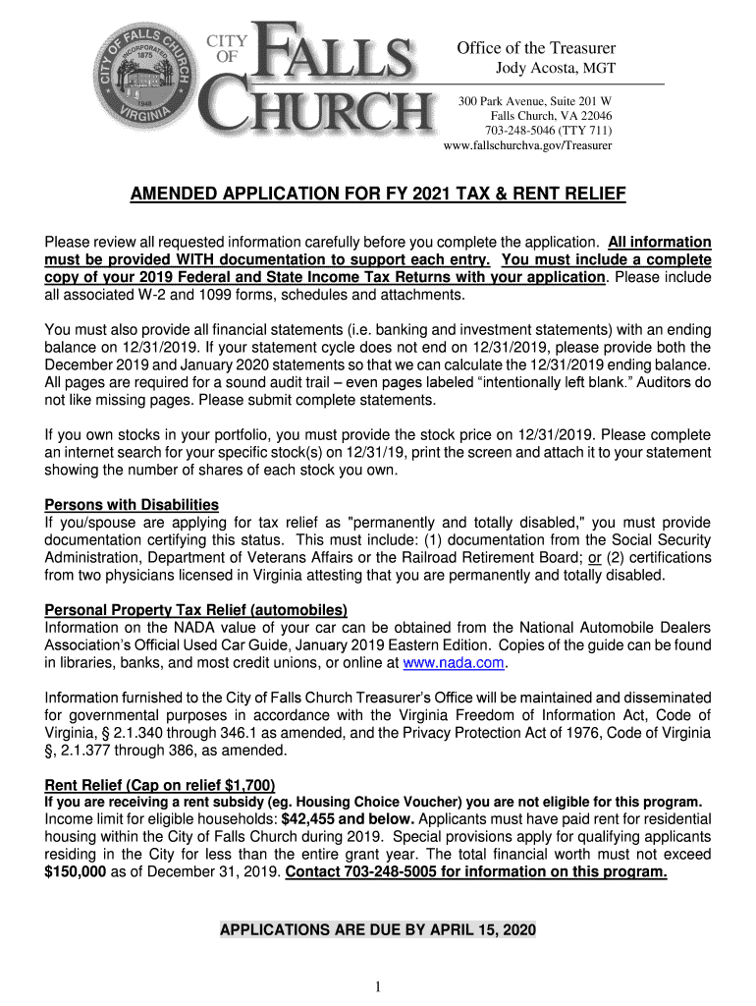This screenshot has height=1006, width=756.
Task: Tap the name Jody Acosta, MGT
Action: (x=553, y=67)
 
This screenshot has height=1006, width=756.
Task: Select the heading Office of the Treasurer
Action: (x=536, y=48)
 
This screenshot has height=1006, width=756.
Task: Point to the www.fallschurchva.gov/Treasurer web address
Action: (x=528, y=145)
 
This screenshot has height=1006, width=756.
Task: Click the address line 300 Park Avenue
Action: (x=536, y=101)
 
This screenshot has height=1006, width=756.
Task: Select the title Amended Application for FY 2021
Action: (x=378, y=195)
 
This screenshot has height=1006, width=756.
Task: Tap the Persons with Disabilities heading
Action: (x=132, y=505)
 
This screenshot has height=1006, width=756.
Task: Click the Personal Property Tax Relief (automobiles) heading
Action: (x=196, y=610)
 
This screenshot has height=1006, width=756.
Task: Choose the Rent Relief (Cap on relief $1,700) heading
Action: (x=160, y=785)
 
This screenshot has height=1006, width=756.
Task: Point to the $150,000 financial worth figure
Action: (x=76, y=872)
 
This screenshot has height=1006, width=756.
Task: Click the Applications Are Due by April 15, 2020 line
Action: (x=378, y=929)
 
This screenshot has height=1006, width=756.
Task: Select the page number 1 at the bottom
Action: (x=377, y=986)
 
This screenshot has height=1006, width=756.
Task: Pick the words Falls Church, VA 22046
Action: (x=551, y=116)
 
